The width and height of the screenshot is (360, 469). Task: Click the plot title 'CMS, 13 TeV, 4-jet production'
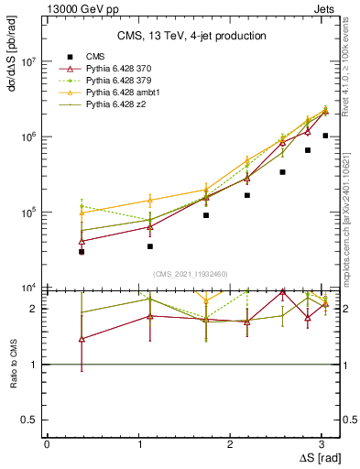191,36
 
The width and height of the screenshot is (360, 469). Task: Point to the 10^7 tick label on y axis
28,62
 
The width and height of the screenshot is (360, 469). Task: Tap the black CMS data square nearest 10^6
325,136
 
